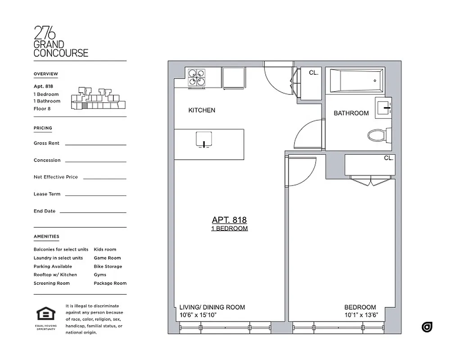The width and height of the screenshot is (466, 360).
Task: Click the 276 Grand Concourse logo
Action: (x=61, y=41)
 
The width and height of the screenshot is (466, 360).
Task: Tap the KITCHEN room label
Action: (x=201, y=110)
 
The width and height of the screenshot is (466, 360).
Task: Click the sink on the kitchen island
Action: (x=204, y=140)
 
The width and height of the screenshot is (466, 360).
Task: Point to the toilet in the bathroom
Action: (x=377, y=135)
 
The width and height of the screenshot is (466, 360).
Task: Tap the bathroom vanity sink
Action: (x=383, y=108)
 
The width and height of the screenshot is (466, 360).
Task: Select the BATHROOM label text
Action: (x=351, y=113)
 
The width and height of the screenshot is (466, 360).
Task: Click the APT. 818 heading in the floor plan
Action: (x=229, y=220)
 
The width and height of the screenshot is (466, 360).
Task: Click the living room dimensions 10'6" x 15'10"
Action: (x=198, y=315)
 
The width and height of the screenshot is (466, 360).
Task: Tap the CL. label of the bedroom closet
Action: (x=388, y=158)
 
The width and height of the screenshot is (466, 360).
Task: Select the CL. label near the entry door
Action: (x=313, y=72)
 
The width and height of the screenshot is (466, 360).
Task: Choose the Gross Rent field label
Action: (x=46, y=144)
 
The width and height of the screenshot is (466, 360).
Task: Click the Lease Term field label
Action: (x=47, y=194)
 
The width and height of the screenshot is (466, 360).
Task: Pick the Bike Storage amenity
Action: (x=108, y=266)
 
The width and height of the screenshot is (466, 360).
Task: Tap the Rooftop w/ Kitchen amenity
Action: (x=55, y=275)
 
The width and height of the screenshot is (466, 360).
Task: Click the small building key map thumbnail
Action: (x=98, y=99)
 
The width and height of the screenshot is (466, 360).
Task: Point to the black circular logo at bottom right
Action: (x=427, y=327)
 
